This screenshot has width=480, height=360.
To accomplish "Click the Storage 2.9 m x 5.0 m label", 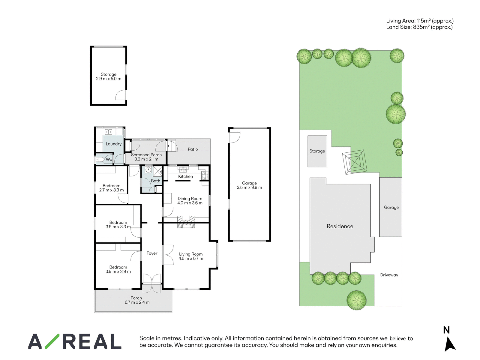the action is point(109,76).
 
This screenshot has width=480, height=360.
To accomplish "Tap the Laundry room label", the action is point(113,144).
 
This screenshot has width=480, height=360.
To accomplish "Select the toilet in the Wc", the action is point(100,160).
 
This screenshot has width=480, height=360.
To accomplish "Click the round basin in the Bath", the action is point(148,169).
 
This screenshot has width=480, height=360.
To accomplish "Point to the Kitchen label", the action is point(185,176).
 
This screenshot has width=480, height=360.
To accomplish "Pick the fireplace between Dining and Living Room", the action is point(186,222).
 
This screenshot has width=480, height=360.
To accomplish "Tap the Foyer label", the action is point(152,253).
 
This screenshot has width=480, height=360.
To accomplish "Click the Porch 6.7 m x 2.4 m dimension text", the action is point(137,302).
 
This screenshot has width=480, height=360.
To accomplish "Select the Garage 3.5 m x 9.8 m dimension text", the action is point(249,187).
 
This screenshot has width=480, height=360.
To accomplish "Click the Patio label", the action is point(193,149).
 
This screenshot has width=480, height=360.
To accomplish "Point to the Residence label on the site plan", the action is point(340,226).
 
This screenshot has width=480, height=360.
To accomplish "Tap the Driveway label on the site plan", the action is point(389,275).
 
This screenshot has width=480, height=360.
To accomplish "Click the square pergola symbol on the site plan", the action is point(355,162).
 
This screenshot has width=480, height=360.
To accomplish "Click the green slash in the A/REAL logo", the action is point(52,341).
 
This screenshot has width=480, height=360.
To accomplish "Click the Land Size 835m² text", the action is point(419,27).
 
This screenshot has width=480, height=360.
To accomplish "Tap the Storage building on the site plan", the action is point(317,151).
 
